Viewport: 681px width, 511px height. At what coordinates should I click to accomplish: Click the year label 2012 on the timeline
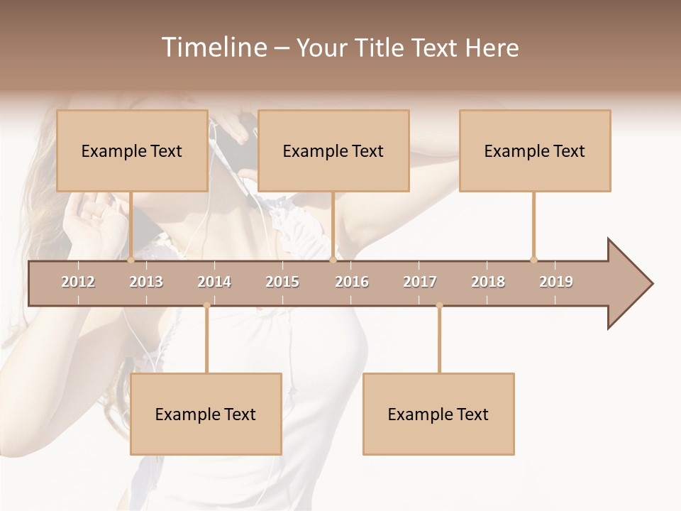[x=78, y=282]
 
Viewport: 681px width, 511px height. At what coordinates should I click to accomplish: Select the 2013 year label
[x=146, y=282]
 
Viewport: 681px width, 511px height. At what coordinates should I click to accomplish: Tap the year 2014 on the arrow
[x=214, y=282]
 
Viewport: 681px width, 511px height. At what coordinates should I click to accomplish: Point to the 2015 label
[x=282, y=282]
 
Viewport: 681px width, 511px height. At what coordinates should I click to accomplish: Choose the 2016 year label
[x=352, y=282]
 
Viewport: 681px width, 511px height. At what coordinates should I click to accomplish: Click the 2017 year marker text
[x=420, y=282]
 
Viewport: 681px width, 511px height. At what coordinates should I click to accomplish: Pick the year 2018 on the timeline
[x=488, y=282]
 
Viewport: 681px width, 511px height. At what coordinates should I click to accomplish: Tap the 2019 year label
[x=556, y=282]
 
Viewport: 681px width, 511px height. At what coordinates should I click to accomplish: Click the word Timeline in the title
[x=212, y=48]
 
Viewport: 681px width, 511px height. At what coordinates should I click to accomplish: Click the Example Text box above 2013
[x=132, y=151]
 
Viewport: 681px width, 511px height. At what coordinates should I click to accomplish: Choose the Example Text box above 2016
[x=333, y=151]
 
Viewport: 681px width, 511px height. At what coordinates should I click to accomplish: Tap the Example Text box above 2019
[x=535, y=151]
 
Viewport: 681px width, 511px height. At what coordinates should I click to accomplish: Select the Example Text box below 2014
[x=206, y=414]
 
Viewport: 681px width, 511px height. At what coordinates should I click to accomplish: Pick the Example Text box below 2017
[x=438, y=414]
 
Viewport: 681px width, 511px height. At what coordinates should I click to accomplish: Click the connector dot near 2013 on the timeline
[x=131, y=260]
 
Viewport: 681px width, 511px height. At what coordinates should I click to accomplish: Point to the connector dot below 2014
[x=206, y=306]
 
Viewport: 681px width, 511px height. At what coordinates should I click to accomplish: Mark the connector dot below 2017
[x=439, y=306]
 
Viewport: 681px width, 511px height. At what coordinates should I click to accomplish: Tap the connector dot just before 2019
[x=533, y=260]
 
